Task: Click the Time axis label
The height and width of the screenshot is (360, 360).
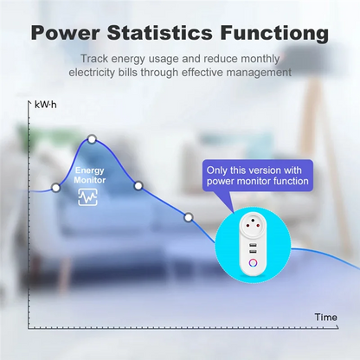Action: point(325,317)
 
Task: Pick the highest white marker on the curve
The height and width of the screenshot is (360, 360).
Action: point(92,139)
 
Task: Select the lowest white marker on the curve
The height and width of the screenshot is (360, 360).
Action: point(189,216)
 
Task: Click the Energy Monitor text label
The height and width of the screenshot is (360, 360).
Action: point(91,175)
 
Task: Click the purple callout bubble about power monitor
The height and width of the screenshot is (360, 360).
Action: point(257,175)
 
